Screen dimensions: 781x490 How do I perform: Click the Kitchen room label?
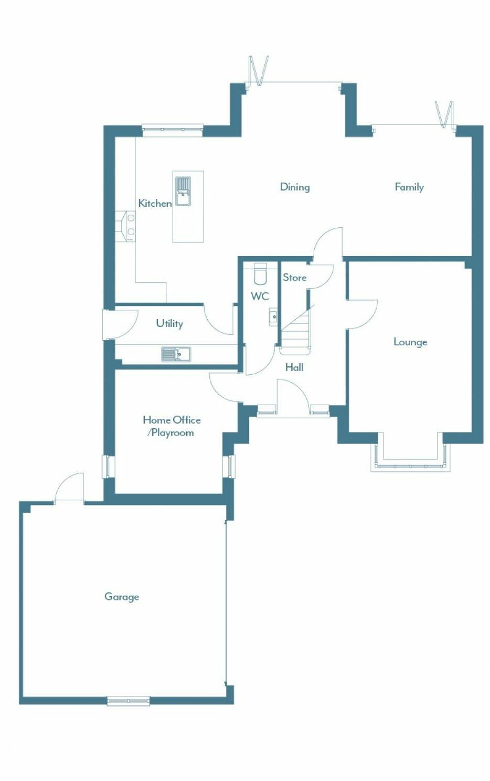coord(155,203)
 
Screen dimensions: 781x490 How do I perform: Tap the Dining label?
coord(294,187)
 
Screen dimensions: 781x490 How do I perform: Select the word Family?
coord(409,187)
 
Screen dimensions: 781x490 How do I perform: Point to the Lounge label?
coord(410,342)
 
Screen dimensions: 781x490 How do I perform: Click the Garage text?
coord(121,597)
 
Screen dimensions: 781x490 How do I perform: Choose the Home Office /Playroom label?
coord(171,426)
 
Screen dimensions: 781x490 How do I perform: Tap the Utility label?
coord(169,323)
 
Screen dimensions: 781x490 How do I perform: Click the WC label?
coord(260,297)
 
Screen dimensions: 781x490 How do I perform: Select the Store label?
coord(294,278)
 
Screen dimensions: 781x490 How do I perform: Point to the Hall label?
coord(294,367)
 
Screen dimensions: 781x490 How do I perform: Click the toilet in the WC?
coord(260,275)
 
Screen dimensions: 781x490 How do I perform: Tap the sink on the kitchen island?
coord(183,191)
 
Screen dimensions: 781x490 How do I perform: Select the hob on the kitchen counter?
coord(127,226)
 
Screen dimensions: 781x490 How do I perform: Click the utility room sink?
coord(176,354)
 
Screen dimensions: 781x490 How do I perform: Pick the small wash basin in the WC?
coord(273,317)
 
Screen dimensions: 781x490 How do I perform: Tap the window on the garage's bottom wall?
coord(129,700)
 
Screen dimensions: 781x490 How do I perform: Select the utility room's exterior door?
coord(119,324)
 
